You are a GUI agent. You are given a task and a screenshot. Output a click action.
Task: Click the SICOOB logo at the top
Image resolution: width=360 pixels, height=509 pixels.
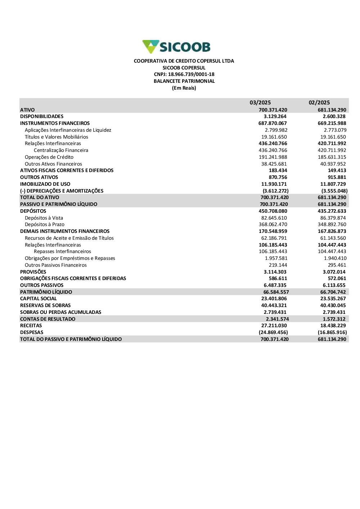[176, 47]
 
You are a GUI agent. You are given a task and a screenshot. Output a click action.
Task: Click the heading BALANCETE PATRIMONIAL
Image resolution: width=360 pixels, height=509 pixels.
[184, 81]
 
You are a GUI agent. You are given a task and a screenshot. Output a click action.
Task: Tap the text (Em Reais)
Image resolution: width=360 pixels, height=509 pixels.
[184, 88]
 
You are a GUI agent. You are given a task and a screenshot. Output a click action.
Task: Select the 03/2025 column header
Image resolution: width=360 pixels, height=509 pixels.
[260, 103]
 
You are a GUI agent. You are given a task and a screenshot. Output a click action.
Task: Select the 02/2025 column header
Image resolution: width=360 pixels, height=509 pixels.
[319, 103]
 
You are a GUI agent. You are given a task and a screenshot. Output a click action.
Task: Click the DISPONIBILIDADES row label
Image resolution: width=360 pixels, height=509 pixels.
[42, 117]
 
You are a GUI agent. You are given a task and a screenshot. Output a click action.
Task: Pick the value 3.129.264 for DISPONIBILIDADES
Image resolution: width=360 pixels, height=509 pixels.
[275, 117]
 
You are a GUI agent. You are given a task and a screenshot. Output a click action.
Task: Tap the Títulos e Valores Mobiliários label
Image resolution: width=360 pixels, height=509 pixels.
[57, 137]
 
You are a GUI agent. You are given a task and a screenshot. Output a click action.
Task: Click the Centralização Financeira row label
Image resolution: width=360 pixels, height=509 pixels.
[61, 150]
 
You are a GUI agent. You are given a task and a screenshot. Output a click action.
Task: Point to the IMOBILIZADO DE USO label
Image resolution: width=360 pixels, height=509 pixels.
[45, 184]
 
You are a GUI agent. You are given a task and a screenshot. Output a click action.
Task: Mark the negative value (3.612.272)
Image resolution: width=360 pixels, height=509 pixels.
[275, 191]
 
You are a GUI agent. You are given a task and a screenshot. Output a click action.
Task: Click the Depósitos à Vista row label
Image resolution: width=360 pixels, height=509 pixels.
[44, 218]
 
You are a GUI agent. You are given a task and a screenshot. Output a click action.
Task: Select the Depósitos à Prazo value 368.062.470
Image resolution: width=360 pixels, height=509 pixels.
[273, 225]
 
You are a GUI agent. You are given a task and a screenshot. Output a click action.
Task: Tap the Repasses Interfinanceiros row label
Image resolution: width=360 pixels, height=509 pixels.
[62, 252]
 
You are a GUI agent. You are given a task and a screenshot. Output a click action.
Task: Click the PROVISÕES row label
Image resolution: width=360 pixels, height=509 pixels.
[33, 272]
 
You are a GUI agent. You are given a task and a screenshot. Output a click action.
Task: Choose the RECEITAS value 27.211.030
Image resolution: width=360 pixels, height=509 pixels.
[274, 326]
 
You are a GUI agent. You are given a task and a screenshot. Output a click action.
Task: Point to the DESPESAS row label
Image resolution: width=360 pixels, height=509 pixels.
[32, 333]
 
